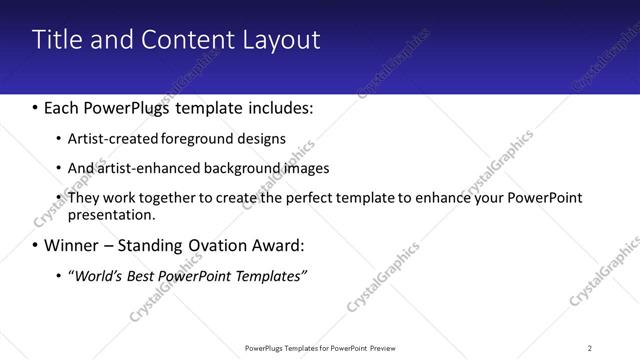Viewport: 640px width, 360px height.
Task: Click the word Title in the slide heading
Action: point(56,40)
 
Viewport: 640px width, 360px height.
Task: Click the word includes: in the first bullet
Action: point(279,107)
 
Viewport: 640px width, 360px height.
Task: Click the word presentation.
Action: point(111,214)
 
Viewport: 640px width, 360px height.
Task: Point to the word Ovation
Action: point(225,245)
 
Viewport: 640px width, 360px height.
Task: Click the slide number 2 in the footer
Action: point(589,348)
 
